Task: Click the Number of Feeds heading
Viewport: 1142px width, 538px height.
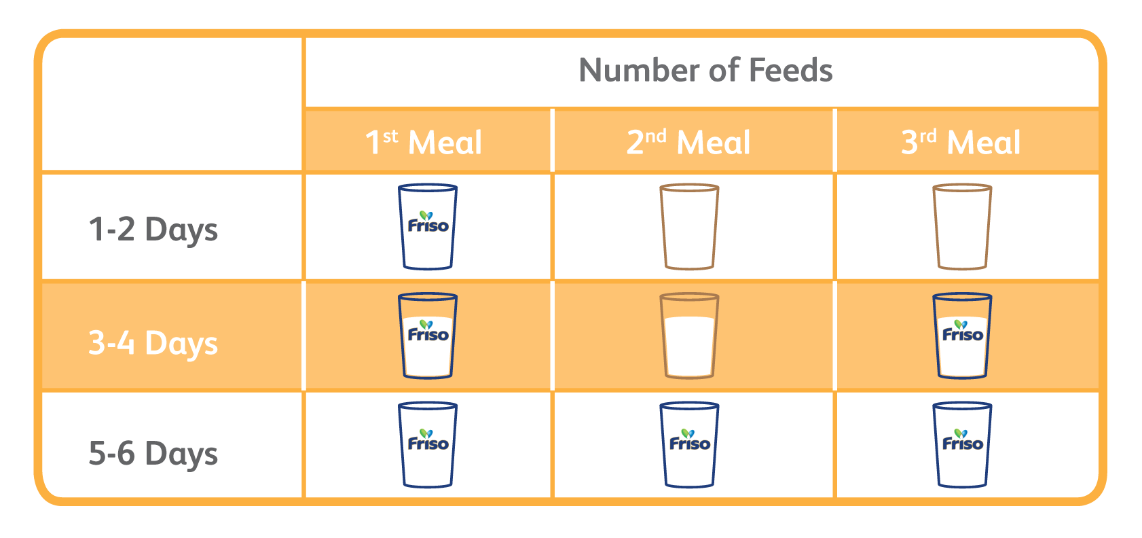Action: click(x=705, y=71)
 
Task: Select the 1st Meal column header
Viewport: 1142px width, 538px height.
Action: click(x=424, y=142)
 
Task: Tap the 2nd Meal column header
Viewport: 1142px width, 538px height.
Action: click(x=688, y=142)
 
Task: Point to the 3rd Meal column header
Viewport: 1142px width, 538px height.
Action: click(x=961, y=142)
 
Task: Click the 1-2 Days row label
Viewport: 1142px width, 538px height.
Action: click(x=153, y=229)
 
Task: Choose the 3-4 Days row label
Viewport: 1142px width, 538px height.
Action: click(x=153, y=342)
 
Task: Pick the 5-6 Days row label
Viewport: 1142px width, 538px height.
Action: click(x=153, y=453)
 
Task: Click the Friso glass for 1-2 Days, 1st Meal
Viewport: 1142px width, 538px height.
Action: click(x=428, y=226)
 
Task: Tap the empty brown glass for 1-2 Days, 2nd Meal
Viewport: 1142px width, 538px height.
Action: click(x=689, y=226)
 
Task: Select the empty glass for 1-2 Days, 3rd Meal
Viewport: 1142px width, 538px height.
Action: click(x=962, y=226)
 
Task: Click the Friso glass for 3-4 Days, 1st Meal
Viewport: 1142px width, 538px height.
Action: click(x=428, y=336)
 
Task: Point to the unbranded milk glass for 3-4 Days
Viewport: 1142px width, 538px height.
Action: click(x=689, y=336)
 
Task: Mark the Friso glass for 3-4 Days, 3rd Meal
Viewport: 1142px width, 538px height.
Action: click(x=962, y=336)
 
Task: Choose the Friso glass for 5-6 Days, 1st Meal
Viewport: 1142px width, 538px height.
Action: click(x=428, y=445)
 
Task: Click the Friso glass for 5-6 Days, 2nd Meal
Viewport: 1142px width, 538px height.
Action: click(x=689, y=445)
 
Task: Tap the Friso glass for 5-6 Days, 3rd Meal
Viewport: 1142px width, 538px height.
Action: click(x=962, y=445)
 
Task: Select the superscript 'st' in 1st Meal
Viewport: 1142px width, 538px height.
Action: click(x=390, y=136)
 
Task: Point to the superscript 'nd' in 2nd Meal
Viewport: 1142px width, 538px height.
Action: click(x=656, y=136)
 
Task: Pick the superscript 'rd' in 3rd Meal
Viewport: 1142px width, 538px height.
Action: click(x=929, y=136)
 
